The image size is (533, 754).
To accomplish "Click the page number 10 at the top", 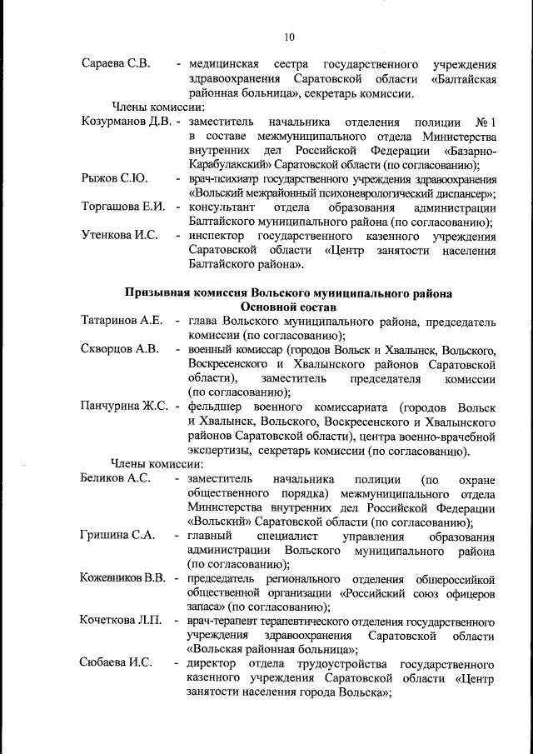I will pos(289,37).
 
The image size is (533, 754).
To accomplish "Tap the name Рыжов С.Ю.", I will pos(114,178).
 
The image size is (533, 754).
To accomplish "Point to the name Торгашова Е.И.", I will pos(123,207).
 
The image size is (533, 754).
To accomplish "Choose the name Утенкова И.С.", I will pos(120,236).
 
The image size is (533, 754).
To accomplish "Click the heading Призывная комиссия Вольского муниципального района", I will pos(289,293).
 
